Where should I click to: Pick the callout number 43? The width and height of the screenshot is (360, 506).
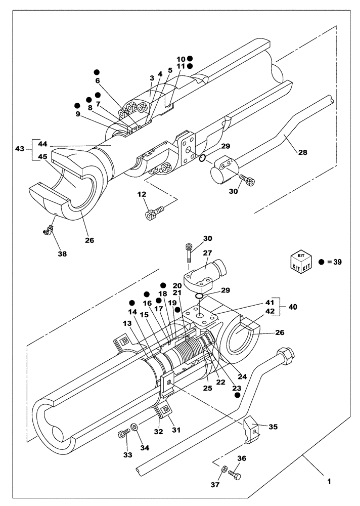coord(19,150)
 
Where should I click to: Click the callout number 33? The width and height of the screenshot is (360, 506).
coord(128,455)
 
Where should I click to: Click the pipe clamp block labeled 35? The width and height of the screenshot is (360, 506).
coord(251,429)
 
